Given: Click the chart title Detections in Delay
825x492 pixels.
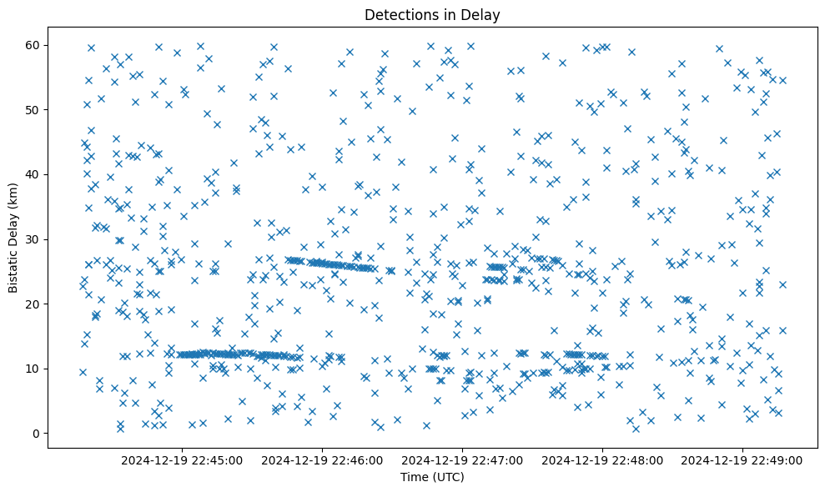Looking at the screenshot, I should click(x=432, y=15).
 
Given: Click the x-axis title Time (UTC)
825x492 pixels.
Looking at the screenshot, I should click(x=432, y=477).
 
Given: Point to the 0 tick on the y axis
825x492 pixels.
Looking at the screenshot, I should click(x=37, y=434).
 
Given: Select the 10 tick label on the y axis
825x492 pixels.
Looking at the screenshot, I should click(x=33, y=369).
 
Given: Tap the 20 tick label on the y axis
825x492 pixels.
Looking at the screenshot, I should click(x=33, y=304).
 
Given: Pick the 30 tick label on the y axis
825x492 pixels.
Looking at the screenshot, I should click(x=33, y=239).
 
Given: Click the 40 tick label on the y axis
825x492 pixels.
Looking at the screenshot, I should click(x=33, y=174).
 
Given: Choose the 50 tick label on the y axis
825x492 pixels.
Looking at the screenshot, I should click(x=33, y=110).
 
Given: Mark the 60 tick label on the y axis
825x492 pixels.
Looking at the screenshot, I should click(x=33, y=45).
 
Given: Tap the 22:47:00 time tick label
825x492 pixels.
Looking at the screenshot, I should click(x=462, y=460).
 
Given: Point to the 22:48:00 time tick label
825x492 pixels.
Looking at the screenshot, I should click(x=602, y=460).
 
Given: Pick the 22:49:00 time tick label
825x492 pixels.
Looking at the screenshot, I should click(x=742, y=460).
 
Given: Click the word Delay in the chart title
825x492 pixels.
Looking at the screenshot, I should click(x=483, y=15).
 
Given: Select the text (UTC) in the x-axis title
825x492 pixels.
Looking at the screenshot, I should click(x=448, y=477).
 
